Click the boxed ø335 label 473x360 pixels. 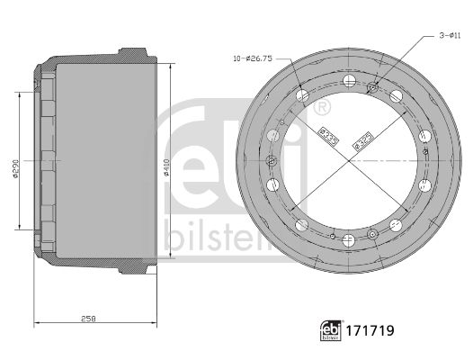[x=329, y=138]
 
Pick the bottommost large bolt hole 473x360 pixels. [x=347, y=238]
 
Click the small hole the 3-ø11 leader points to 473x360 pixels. [x=372, y=87]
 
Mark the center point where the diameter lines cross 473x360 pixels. [x=347, y=159]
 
